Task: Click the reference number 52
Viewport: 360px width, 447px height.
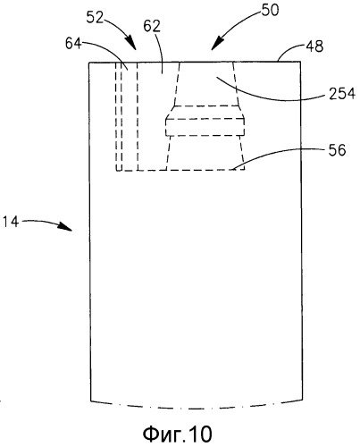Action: click(x=95, y=18)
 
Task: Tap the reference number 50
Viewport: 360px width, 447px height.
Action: click(x=270, y=10)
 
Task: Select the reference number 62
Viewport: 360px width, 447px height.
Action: click(x=152, y=26)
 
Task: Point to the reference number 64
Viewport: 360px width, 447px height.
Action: click(x=73, y=44)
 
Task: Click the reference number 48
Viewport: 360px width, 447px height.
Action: click(x=314, y=46)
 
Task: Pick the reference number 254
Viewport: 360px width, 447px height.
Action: click(x=342, y=94)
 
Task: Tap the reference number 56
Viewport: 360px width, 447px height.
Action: click(x=338, y=150)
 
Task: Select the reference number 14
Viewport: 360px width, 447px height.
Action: click(x=10, y=222)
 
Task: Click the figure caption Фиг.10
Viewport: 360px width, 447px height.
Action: click(x=178, y=434)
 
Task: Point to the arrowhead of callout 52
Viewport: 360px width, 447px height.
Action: click(x=132, y=44)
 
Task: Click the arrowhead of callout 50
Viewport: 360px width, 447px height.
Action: click(x=217, y=44)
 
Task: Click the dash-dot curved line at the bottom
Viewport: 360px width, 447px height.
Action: click(x=197, y=409)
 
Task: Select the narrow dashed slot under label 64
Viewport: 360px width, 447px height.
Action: click(x=119, y=116)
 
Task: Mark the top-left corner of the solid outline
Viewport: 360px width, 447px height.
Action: click(x=89, y=63)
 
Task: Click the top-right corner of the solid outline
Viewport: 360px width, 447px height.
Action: click(x=300, y=62)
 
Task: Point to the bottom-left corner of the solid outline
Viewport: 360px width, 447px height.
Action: click(x=90, y=401)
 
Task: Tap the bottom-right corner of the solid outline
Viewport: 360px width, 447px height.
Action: click(x=303, y=400)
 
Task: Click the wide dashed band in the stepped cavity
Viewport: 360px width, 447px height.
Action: click(x=205, y=127)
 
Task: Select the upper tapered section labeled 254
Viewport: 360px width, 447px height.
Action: click(x=206, y=84)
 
